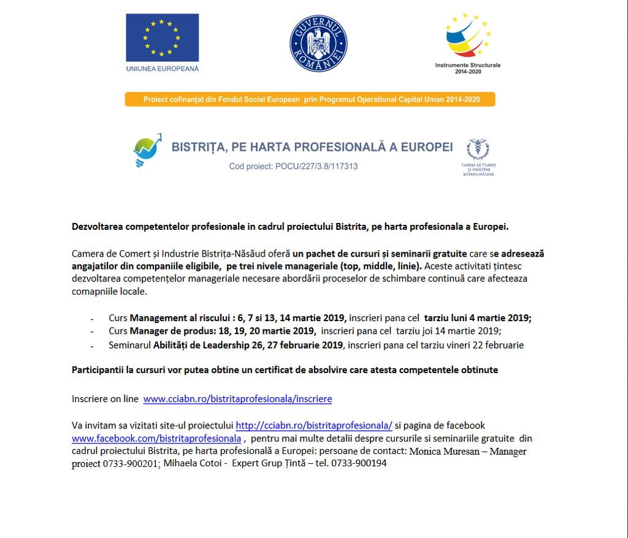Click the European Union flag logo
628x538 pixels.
(163, 37)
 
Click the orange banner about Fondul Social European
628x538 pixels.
(310, 99)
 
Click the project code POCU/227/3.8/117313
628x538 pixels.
(293, 166)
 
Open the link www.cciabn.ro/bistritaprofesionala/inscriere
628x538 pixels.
(237, 399)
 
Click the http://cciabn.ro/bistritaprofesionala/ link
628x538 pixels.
(314, 425)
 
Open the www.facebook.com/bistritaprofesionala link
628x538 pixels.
(156, 439)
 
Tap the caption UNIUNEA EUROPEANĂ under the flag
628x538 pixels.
(163, 69)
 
